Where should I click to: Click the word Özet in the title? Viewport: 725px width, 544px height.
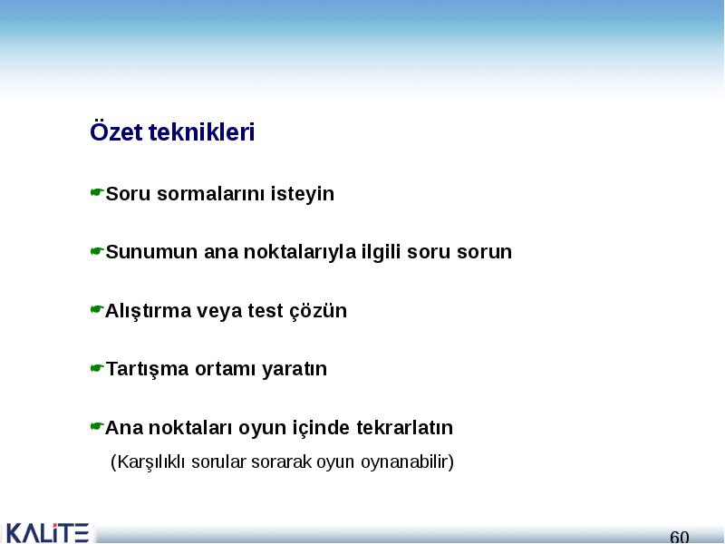116,131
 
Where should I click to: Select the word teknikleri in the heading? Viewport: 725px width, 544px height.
201,131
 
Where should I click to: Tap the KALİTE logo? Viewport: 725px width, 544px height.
47,533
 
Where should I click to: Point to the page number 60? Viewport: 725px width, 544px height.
679,537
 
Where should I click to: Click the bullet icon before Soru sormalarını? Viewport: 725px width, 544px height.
96,191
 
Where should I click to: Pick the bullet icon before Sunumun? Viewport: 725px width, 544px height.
96,251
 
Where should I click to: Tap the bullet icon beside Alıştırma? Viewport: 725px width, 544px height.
96,309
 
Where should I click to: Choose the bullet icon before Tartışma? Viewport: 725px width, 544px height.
96,368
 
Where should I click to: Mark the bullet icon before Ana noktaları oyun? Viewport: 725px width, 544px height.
96,426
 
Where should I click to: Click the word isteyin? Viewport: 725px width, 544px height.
303,194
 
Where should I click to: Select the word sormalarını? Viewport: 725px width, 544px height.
211,194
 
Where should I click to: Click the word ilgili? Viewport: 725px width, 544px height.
382,253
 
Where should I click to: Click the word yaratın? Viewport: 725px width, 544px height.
295,370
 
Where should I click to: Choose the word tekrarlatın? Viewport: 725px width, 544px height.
404,427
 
